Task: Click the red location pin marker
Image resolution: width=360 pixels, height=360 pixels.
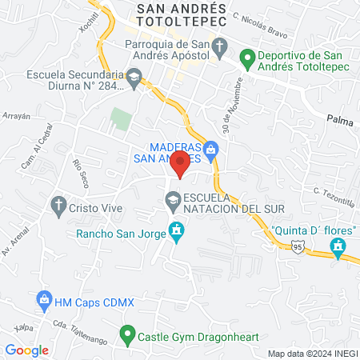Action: tap(181, 166)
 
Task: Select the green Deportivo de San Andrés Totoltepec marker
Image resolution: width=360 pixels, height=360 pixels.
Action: tap(248, 58)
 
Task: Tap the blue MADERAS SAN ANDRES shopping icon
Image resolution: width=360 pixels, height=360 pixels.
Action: tap(211, 148)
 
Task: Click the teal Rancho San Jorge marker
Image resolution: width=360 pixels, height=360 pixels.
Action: tap(176, 234)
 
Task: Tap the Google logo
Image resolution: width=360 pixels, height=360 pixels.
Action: tap(27, 350)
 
